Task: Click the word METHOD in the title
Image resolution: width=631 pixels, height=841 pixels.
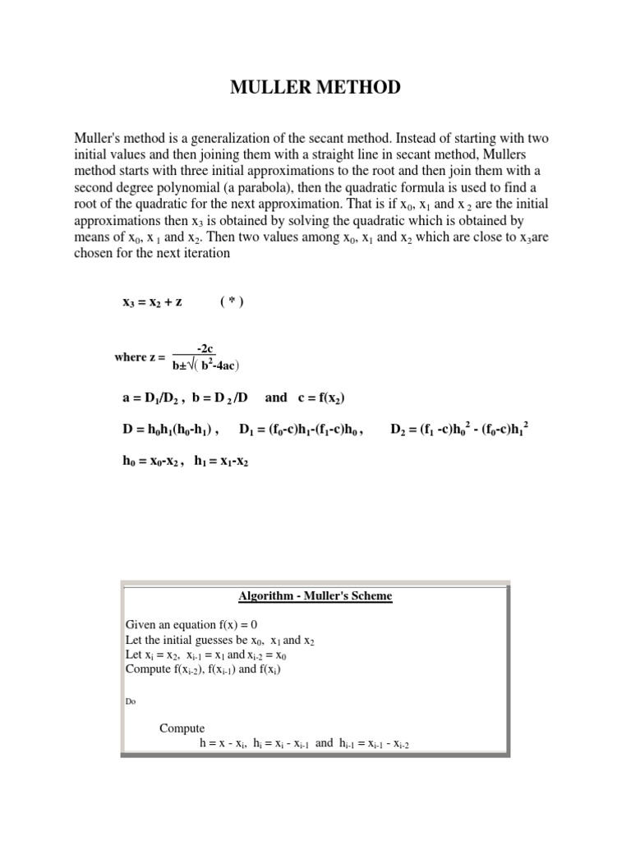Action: pyautogui.click(x=357, y=86)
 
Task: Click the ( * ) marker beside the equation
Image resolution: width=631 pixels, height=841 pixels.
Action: pyautogui.click(x=232, y=301)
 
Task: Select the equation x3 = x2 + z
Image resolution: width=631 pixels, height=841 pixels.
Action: pyautogui.click(x=152, y=301)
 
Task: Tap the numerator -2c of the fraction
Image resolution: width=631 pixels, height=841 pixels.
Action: pyautogui.click(x=205, y=349)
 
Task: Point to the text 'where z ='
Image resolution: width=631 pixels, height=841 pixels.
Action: pyautogui.click(x=140, y=358)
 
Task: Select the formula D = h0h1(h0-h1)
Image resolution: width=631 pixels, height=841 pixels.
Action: pyautogui.click(x=170, y=429)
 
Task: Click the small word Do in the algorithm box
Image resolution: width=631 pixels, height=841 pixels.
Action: pyautogui.click(x=130, y=701)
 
